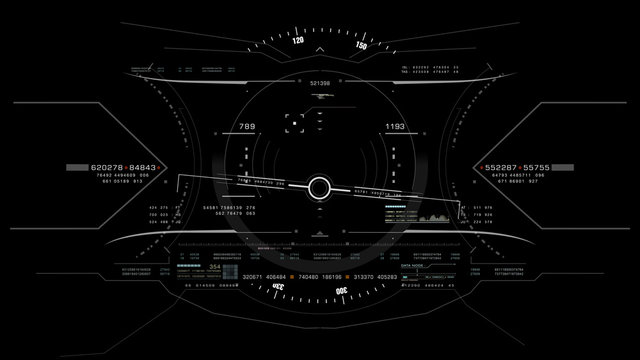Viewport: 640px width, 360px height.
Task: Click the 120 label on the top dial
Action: click(x=298, y=42)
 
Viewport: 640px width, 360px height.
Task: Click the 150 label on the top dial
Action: click(x=361, y=47)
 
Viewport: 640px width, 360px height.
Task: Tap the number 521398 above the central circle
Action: click(x=320, y=83)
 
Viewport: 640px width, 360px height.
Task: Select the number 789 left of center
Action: click(x=246, y=127)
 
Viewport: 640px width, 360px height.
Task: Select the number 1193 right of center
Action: click(x=394, y=127)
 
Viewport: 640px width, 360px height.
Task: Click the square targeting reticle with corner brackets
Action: click(x=295, y=123)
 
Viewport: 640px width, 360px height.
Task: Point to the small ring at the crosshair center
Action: click(x=319, y=187)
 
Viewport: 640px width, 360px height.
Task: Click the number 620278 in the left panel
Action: click(x=107, y=167)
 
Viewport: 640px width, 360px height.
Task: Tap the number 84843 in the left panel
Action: click(x=143, y=167)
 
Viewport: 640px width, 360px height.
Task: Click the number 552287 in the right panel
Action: click(x=503, y=167)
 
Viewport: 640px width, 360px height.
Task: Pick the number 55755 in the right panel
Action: click(x=537, y=167)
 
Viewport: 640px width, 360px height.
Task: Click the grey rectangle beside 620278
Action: click(x=77, y=167)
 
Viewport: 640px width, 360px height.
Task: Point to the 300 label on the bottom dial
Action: click(x=341, y=291)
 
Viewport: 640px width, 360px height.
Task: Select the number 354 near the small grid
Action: click(x=214, y=268)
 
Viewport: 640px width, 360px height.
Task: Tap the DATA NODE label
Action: click(x=411, y=268)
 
